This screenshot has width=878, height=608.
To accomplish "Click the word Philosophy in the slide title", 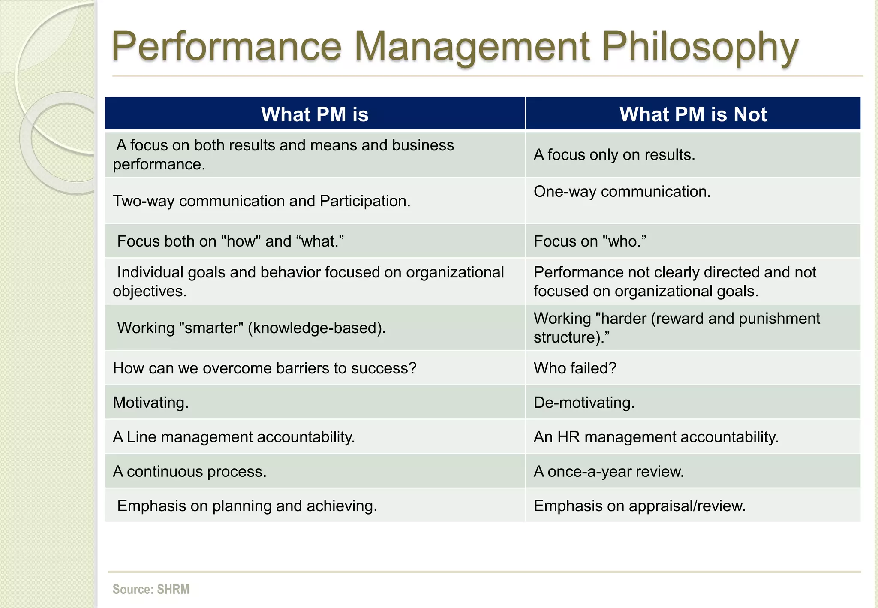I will (700, 47).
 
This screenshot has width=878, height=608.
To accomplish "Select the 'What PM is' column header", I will (315, 114).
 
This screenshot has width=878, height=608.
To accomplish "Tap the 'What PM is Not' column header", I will (693, 114).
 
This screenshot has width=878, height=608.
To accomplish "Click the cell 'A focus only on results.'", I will (614, 155).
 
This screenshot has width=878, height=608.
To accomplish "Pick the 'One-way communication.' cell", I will (622, 192).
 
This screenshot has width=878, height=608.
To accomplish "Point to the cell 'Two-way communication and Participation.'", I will (262, 201).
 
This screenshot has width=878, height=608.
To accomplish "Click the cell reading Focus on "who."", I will (590, 241).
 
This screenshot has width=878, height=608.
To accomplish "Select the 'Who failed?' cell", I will (575, 368).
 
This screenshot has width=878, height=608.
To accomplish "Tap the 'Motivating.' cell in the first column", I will (150, 403).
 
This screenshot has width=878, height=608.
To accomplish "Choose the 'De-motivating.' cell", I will (584, 403).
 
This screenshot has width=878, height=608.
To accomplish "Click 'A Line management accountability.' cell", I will (234, 437).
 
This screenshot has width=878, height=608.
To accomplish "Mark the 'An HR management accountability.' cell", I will (655, 437).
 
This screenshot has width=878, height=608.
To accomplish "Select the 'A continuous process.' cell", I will (189, 471).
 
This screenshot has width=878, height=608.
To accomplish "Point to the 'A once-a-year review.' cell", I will (608, 471).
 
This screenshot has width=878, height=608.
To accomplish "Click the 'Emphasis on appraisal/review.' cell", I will (639, 506).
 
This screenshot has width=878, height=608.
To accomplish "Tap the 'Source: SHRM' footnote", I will (151, 589).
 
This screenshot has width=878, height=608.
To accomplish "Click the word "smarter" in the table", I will (210, 328).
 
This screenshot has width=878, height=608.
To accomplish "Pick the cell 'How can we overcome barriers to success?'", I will (265, 368).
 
